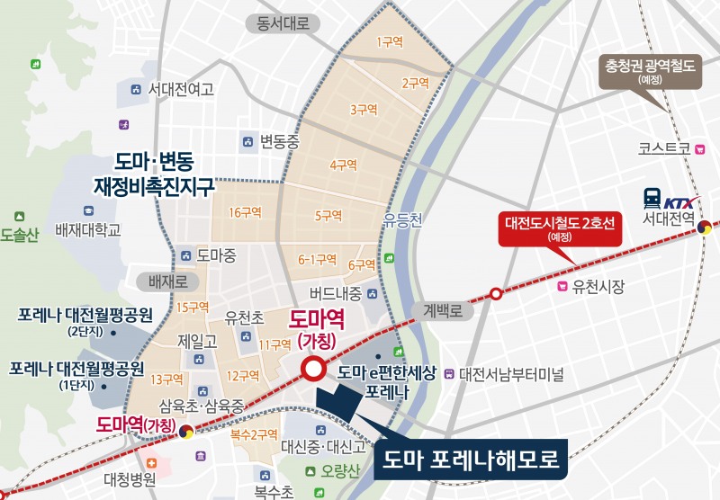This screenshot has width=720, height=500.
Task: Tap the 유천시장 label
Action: pos(598,287)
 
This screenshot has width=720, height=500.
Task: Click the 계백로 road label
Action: pos(448,311)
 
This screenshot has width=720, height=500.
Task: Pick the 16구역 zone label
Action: pos(245,212)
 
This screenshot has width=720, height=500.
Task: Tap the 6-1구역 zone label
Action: pos(316,258)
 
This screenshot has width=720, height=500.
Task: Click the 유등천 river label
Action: pos(401,219)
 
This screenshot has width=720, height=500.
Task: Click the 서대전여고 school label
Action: pos(181,90)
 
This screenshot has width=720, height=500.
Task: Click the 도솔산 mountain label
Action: pos(21,235)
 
